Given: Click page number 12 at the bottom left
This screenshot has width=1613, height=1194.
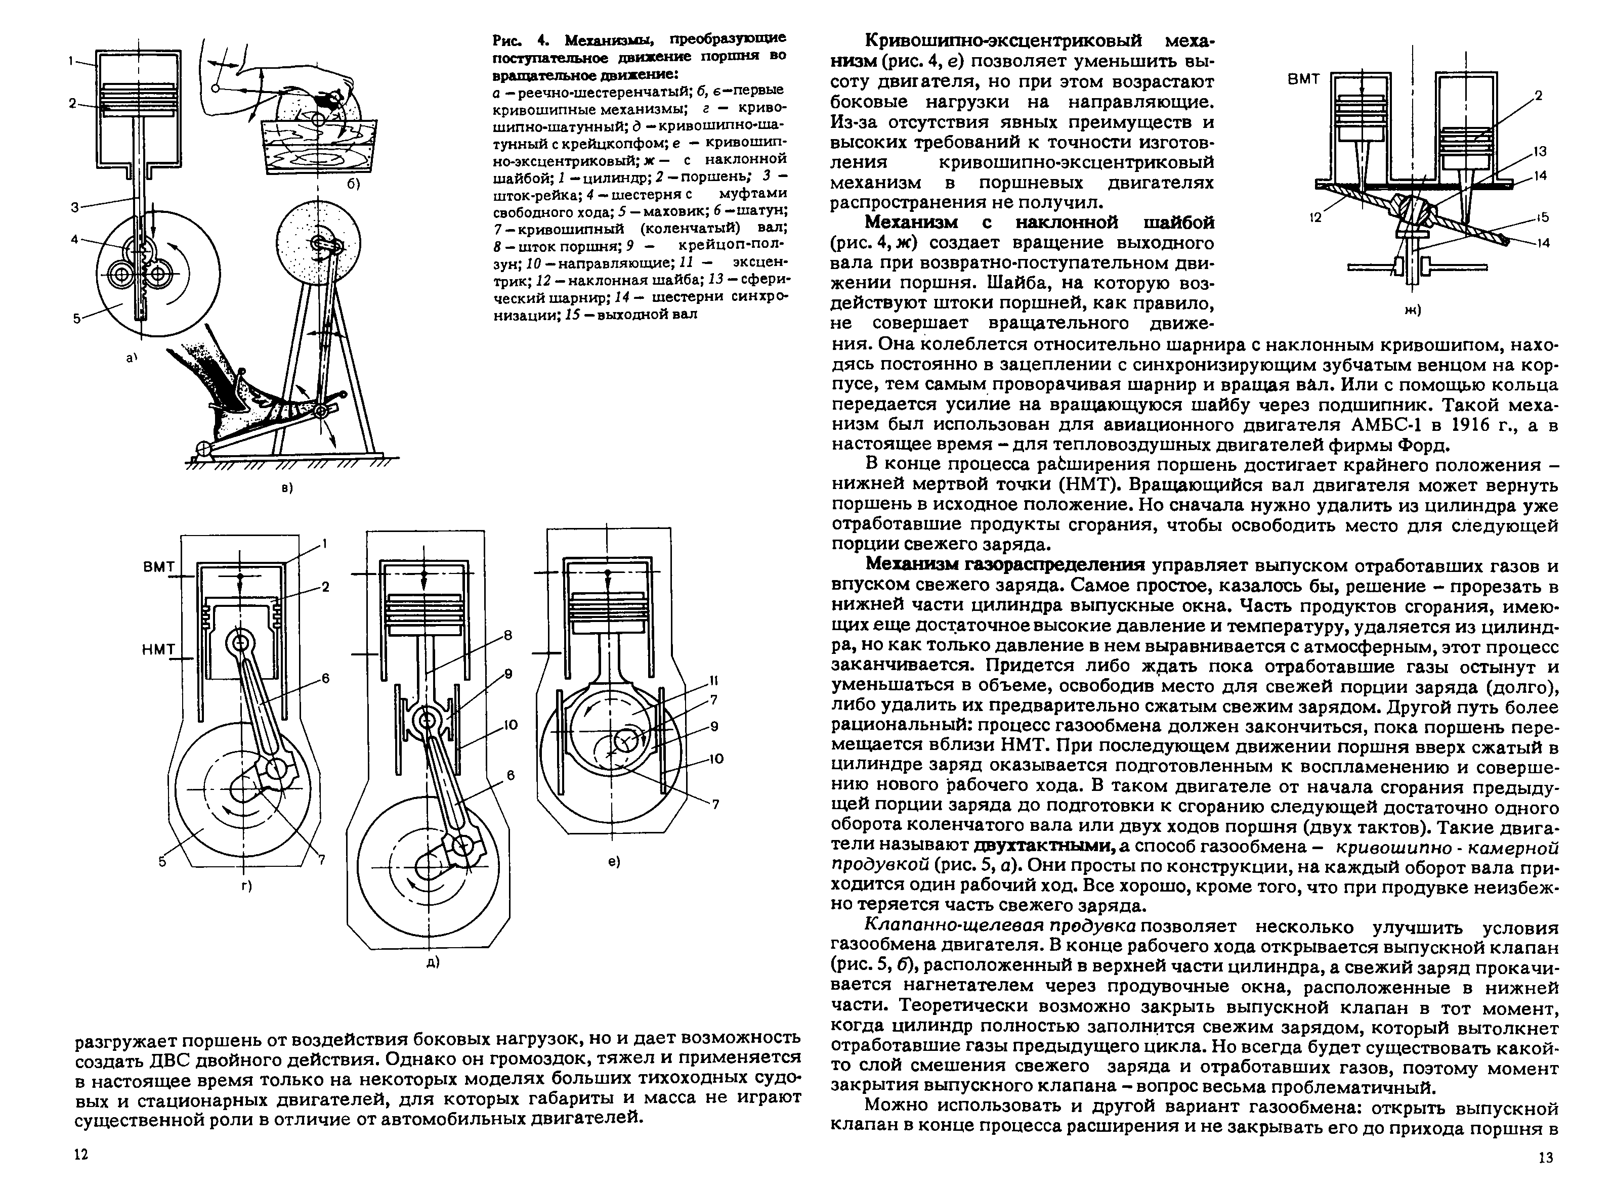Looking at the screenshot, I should click(81, 1174).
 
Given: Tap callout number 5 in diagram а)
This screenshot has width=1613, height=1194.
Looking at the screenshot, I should click(76, 316).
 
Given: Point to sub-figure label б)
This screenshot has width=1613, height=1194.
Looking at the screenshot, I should click(352, 184).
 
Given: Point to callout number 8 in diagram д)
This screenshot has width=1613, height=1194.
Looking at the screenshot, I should click(507, 635).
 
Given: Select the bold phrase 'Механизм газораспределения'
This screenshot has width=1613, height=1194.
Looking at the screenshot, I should click(1005, 564).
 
